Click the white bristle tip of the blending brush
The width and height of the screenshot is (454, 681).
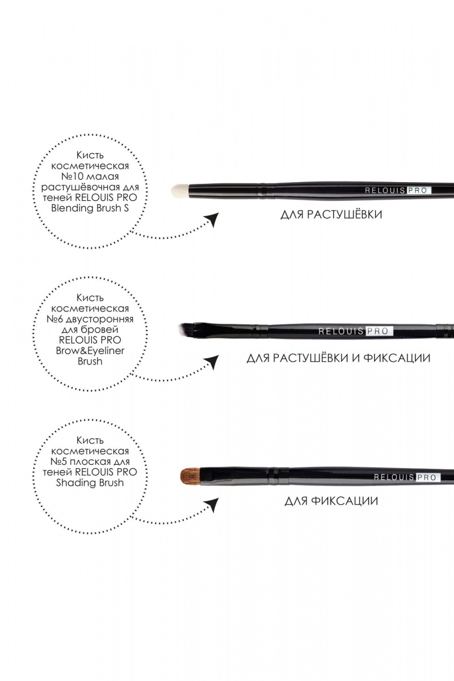[180, 191]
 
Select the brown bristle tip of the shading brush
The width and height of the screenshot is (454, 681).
[190, 476]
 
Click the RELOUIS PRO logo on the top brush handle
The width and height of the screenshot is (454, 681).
[398, 191]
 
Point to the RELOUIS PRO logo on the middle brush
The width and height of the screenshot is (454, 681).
[355, 331]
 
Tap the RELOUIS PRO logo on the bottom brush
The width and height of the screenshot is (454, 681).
[407, 477]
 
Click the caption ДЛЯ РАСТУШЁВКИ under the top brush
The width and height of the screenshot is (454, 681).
[331, 215]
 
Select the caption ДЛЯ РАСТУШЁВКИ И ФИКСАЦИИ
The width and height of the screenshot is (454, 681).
[338, 358]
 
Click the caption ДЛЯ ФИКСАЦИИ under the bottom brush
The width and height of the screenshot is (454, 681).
[331, 501]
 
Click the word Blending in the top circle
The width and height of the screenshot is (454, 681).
[68, 209]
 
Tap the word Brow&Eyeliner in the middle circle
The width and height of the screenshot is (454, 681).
[90, 351]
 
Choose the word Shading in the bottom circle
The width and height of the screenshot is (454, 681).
[72, 483]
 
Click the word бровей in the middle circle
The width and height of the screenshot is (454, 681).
[103, 330]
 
